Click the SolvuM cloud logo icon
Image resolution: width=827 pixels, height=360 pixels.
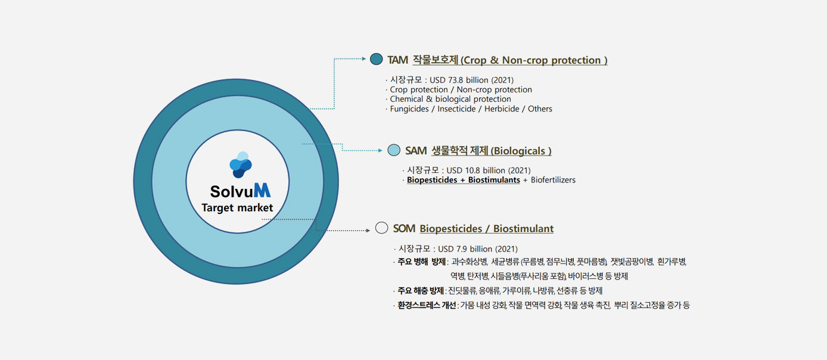(241, 165)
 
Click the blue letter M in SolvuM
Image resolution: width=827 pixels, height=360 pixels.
(262, 191)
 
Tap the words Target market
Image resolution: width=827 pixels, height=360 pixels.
(237, 208)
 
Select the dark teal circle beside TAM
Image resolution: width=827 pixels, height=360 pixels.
(376, 59)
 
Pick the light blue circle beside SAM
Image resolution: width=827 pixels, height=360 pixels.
(394, 150)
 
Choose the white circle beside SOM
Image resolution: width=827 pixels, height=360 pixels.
(382, 228)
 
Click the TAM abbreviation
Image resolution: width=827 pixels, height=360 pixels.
(397, 60)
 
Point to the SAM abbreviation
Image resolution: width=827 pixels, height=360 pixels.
(416, 151)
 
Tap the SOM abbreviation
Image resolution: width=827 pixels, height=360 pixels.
(405, 228)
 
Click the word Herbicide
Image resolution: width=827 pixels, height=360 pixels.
(502, 109)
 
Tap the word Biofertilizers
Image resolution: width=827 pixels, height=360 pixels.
(553, 180)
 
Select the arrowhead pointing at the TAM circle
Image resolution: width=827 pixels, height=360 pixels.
(364, 58)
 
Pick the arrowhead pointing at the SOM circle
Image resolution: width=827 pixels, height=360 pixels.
(368, 231)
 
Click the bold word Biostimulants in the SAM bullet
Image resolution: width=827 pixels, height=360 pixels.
(494, 180)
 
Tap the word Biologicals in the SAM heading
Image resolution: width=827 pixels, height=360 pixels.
(520, 151)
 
